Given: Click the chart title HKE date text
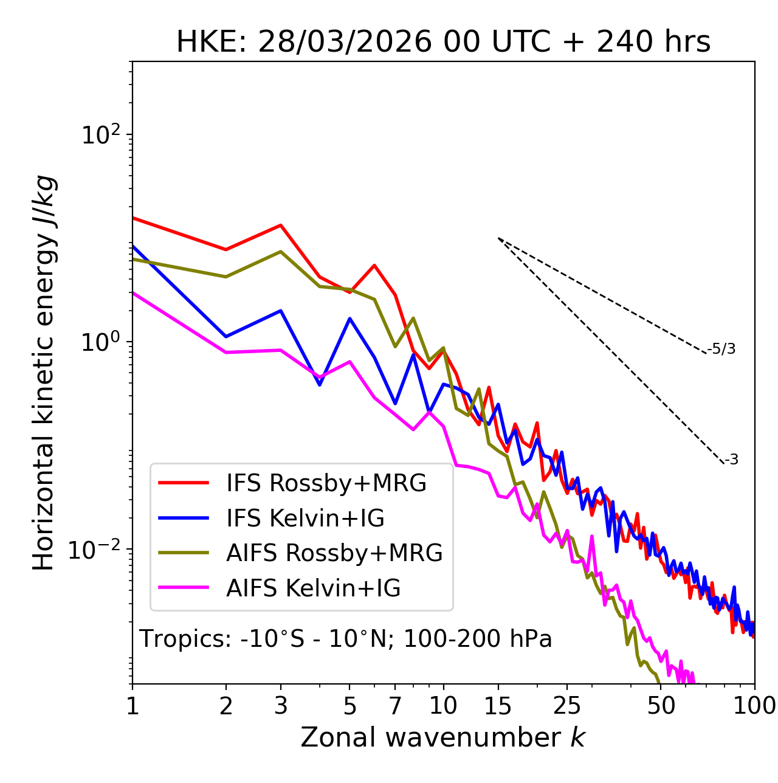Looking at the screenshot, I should [x=443, y=43].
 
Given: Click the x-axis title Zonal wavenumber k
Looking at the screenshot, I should [x=443, y=737].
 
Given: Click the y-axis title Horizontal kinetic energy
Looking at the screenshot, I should [x=44, y=373].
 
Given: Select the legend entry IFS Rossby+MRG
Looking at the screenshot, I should [x=326, y=483].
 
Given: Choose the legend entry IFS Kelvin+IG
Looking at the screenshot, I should [x=305, y=518].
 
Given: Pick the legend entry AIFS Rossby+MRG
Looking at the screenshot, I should [x=334, y=553].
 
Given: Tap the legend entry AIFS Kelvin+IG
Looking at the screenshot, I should [x=313, y=588].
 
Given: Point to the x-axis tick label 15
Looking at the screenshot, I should [x=498, y=706].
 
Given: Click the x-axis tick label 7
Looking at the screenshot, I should [x=395, y=706].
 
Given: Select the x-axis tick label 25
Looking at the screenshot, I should [x=567, y=706].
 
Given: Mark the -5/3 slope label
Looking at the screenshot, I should [x=721, y=349].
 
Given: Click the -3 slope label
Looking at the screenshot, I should [x=731, y=460].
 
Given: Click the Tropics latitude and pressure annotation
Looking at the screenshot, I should [x=346, y=640].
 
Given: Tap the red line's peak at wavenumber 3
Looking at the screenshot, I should [x=280, y=225].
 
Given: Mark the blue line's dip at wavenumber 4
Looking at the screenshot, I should [x=320, y=385].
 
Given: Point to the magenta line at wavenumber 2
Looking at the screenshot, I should [x=226, y=352].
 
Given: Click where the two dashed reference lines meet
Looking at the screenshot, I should [x=498, y=238].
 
